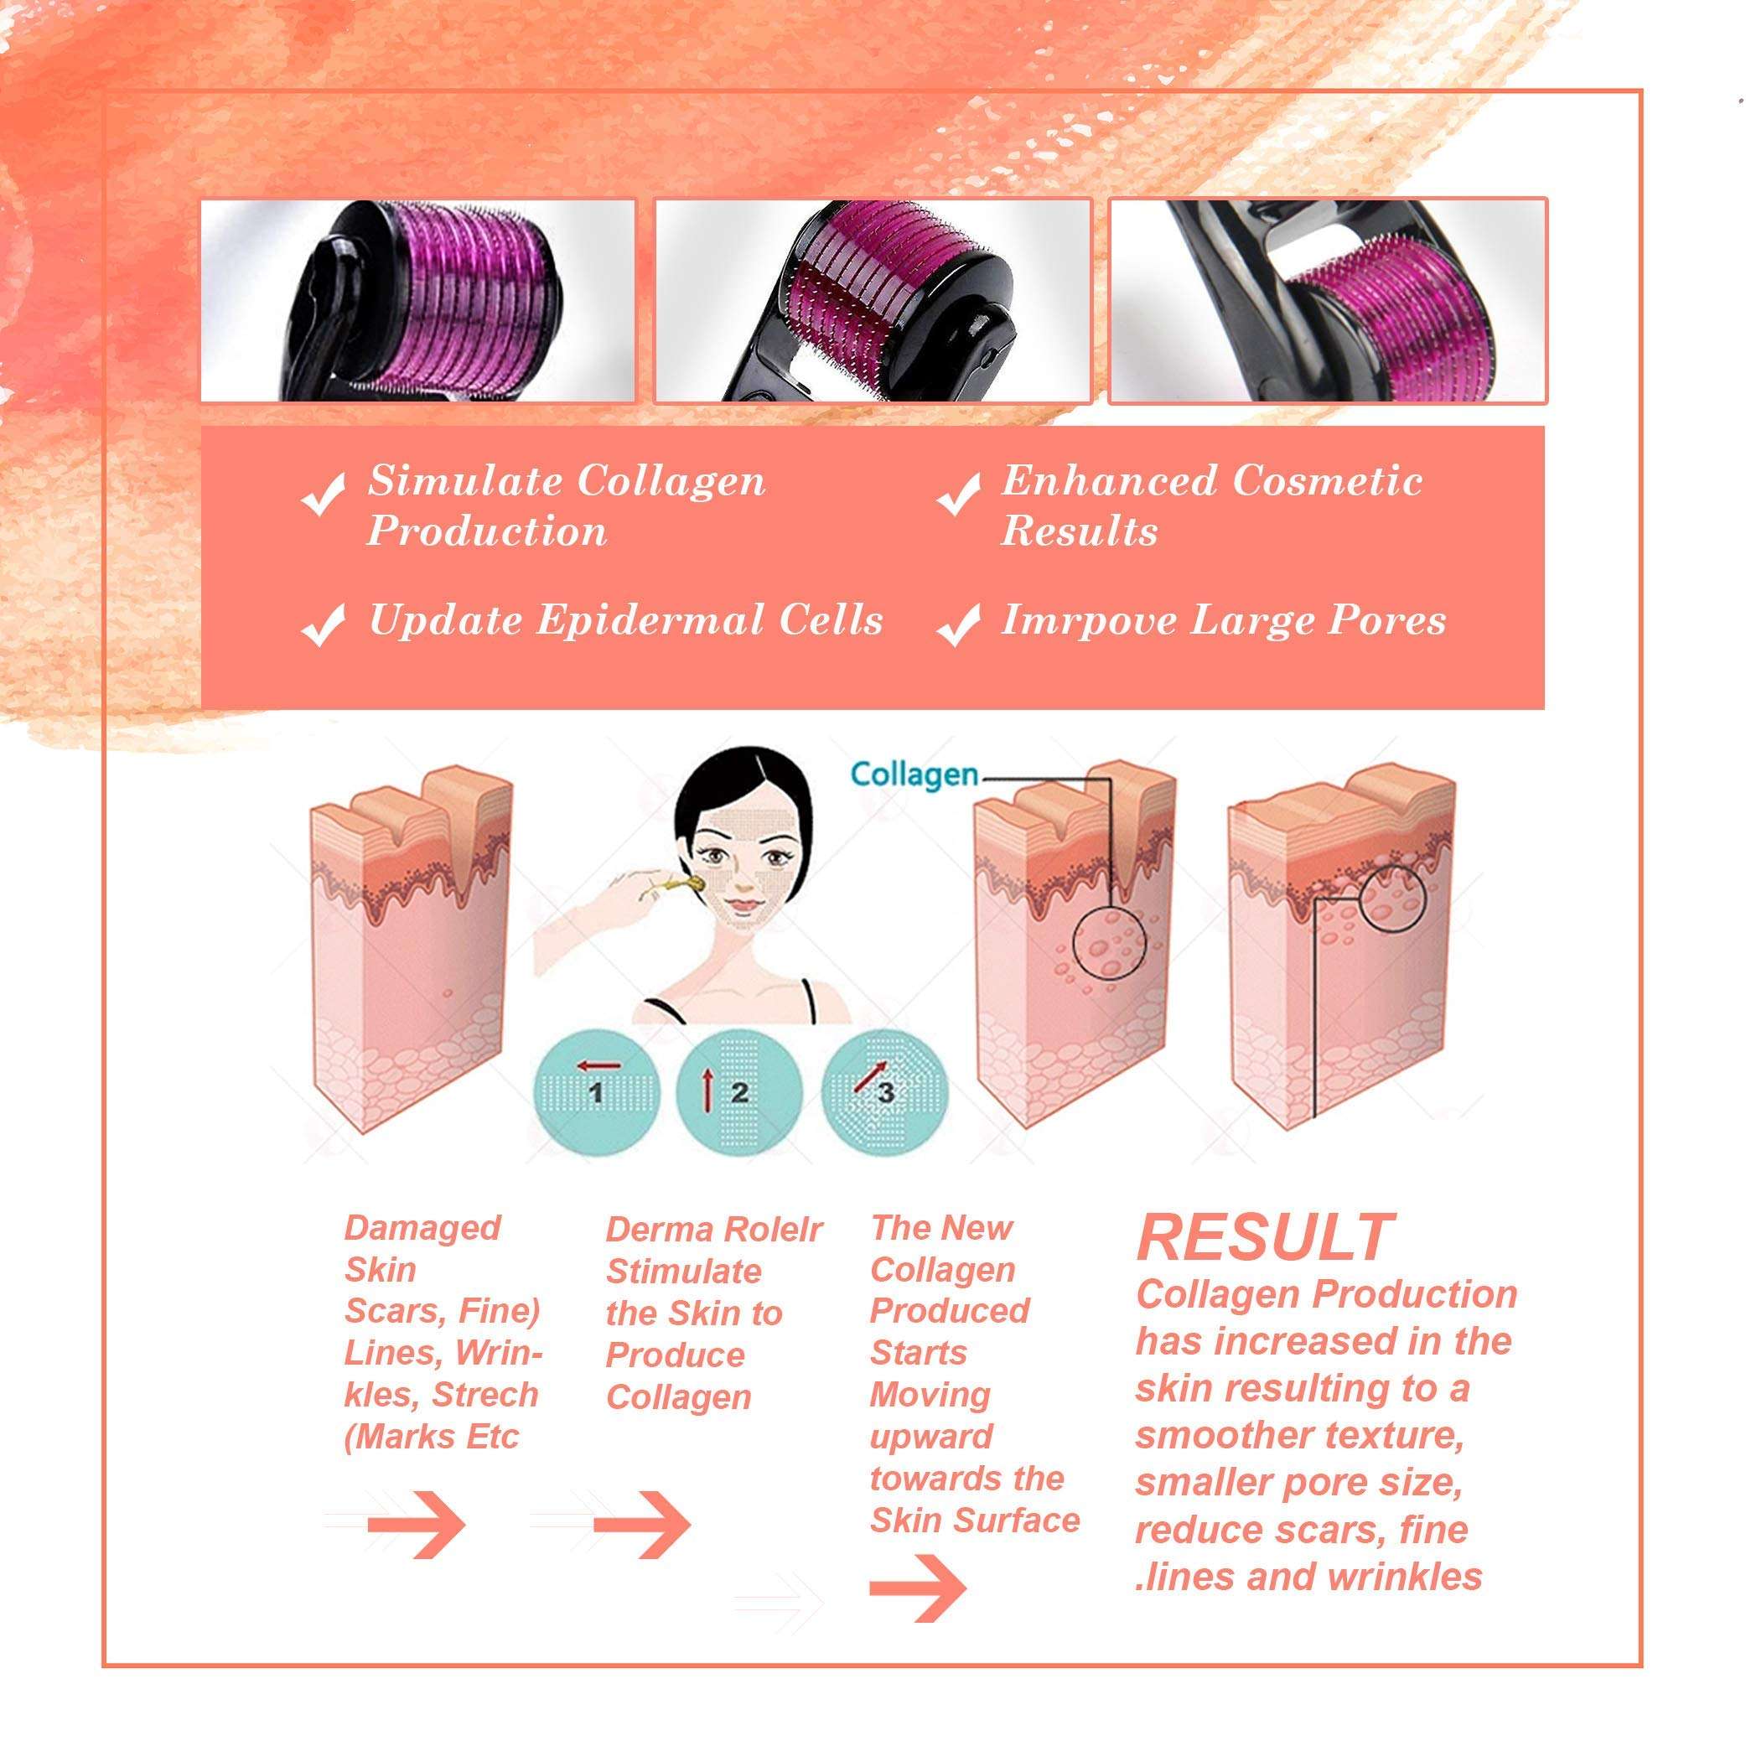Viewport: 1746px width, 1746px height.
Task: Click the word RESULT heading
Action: click(x=1264, y=1237)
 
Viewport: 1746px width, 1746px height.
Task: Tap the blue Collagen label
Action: click(x=914, y=775)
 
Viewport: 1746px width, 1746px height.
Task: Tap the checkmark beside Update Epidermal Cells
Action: click(x=323, y=624)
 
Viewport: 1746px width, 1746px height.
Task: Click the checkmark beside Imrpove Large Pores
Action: click(x=959, y=624)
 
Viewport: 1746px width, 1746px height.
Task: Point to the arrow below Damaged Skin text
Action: click(x=417, y=1526)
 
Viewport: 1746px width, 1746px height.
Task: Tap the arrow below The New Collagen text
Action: click(x=918, y=1588)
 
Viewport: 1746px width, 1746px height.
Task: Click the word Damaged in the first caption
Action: click(x=422, y=1228)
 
